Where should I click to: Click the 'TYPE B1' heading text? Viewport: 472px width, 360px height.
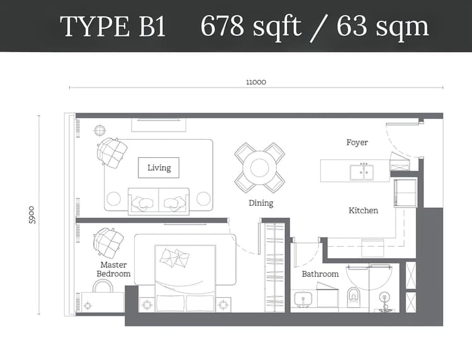click(113, 26)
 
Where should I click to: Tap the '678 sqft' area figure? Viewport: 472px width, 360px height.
click(250, 26)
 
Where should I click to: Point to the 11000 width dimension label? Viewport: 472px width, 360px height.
click(256, 82)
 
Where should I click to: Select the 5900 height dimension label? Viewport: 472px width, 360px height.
click(32, 215)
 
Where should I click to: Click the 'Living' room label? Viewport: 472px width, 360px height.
click(159, 167)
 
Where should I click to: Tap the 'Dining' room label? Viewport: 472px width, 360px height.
click(261, 203)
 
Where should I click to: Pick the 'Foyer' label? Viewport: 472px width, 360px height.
click(357, 142)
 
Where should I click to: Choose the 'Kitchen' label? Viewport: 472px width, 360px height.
click(363, 210)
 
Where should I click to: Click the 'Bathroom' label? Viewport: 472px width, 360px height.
click(320, 274)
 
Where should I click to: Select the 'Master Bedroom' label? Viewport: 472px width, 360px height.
click(113, 269)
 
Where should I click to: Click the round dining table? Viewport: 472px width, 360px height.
click(259, 167)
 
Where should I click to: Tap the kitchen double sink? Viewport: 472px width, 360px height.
click(361, 172)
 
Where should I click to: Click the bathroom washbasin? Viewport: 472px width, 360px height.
click(304, 299)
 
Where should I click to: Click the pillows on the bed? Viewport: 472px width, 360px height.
click(175, 258)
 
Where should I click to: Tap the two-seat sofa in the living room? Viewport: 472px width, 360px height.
click(159, 201)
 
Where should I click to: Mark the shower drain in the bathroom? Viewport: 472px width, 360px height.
click(384, 298)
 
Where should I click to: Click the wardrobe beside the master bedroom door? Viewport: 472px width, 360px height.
click(274, 267)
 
